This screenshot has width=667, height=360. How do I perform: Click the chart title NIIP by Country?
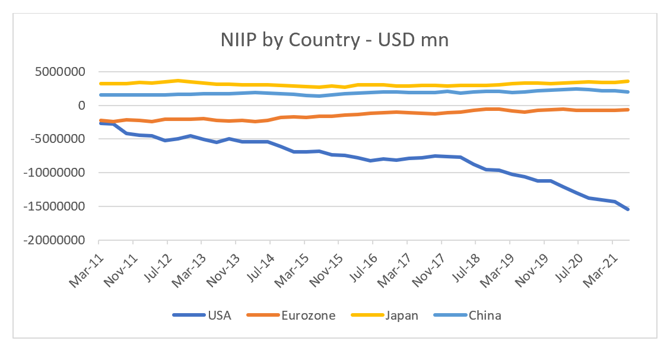click(333, 40)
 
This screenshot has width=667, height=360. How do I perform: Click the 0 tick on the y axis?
click(82, 106)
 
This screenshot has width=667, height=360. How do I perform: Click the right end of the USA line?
click(628, 209)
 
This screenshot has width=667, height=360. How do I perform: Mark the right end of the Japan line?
click(628, 81)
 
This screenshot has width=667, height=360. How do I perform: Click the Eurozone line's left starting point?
click(99, 120)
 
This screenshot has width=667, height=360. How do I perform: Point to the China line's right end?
click(628, 92)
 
